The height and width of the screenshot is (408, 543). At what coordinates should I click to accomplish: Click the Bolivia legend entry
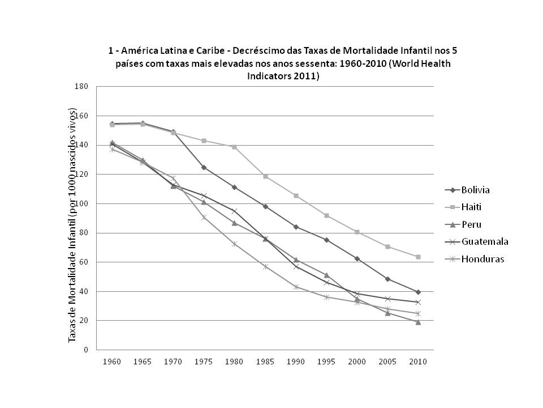(474, 190)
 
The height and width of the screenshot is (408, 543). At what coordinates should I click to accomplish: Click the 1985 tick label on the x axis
(265, 362)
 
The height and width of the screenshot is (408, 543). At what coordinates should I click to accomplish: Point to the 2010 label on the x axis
(417, 362)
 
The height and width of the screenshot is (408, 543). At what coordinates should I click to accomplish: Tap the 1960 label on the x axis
(112, 362)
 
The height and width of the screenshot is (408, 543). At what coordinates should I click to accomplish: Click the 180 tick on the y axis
(81, 87)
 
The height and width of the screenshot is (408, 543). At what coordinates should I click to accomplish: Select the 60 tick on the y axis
(83, 262)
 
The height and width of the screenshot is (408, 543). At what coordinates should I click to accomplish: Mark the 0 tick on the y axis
(85, 350)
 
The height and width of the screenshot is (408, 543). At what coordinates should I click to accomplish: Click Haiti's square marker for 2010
(418, 257)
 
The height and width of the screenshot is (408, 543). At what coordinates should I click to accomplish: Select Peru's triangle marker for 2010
(418, 322)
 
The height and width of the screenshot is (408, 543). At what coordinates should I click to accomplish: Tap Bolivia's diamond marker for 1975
(204, 167)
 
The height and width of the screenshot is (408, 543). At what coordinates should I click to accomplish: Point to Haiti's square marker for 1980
(234, 147)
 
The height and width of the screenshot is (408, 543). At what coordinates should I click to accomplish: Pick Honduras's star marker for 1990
(296, 287)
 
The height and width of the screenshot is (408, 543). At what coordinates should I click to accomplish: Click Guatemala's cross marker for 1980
(234, 211)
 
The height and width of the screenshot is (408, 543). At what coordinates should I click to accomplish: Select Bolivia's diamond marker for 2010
(418, 292)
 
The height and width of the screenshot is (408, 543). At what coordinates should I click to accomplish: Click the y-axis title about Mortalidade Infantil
(72, 232)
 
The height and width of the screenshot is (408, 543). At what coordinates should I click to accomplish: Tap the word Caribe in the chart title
(202, 50)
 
